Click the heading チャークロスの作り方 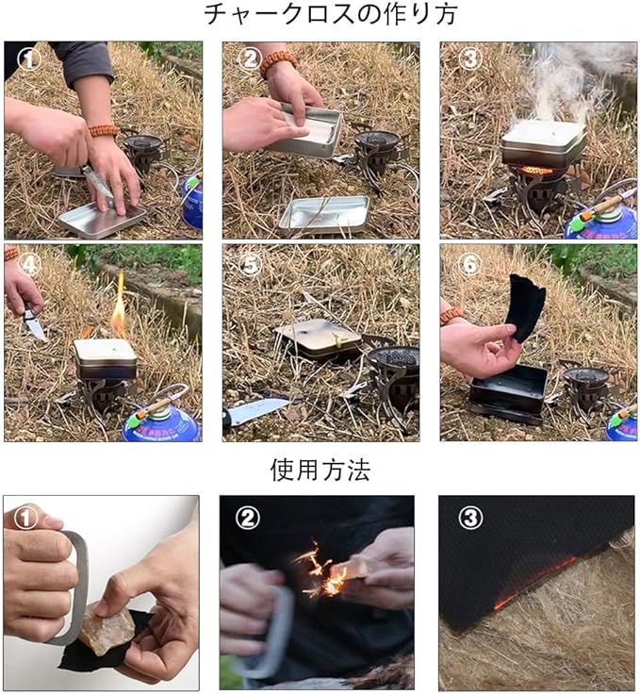click(330, 14)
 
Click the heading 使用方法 click(320, 470)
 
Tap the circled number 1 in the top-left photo click(29, 59)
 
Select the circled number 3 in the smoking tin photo click(469, 58)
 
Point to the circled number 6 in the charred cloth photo click(469, 265)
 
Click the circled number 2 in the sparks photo click(247, 517)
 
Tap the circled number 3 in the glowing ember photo click(470, 517)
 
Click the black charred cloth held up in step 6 click(526, 307)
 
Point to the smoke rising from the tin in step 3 click(561, 84)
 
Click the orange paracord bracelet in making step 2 click(279, 63)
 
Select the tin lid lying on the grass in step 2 click(324, 215)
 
